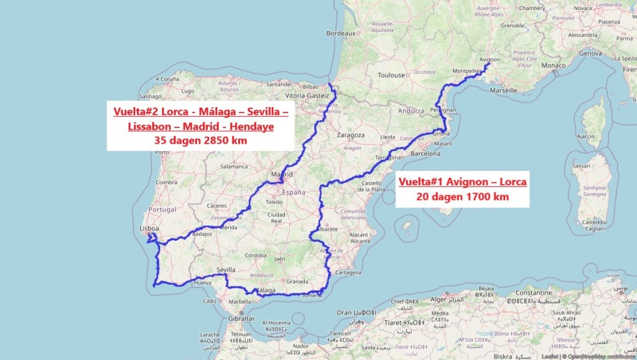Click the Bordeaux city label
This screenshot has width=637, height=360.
(341, 33)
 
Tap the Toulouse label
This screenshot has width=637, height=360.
(391, 75)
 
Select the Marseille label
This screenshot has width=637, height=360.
(503, 90)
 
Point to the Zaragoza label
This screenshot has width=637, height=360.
(350, 134)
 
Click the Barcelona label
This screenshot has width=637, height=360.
(425, 153)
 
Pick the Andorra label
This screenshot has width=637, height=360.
(411, 111)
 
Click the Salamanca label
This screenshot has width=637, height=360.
(233, 167)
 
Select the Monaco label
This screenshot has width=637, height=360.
(554, 65)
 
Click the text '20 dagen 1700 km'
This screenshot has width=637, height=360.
(462, 196)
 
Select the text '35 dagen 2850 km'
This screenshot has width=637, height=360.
(200, 141)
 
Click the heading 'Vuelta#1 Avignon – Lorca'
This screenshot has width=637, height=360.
(462, 182)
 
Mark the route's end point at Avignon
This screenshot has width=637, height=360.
(489, 63)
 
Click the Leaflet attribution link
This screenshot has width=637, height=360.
(549, 356)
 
